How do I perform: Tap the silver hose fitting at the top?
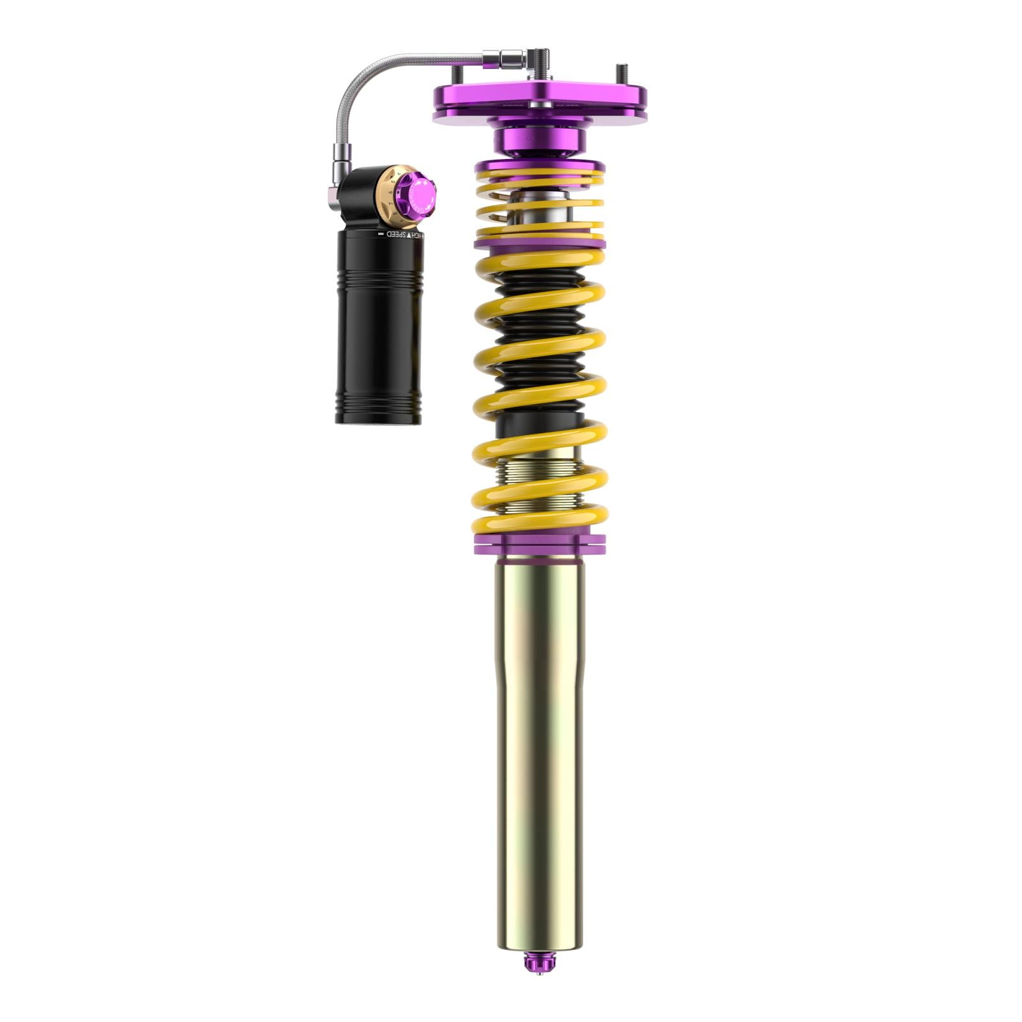505,58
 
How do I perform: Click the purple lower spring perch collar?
540,545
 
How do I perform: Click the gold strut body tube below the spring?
540,735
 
